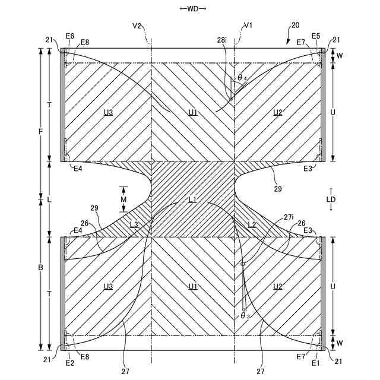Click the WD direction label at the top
192,9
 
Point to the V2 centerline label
137,26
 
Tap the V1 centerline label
248,26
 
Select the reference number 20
295,26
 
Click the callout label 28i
221,40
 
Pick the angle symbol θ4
242,78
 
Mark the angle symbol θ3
245,315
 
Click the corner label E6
70,36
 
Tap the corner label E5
315,36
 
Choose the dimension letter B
40,268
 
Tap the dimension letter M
123,199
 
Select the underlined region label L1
192,199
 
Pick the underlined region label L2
252,224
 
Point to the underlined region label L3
134,224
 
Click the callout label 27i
289,217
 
